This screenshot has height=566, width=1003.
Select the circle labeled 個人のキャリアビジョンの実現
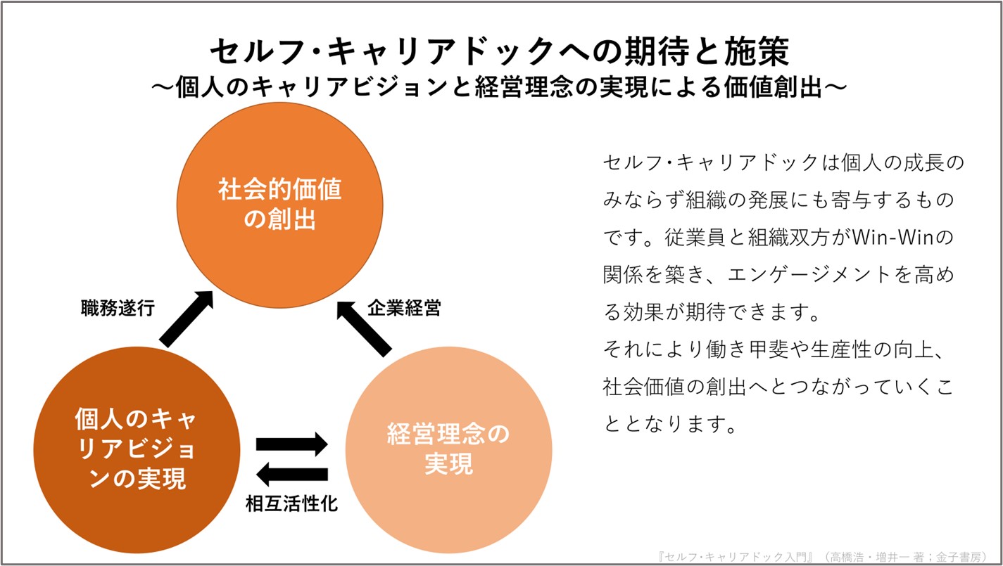click(136, 450)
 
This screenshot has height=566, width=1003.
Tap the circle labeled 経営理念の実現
click(448, 450)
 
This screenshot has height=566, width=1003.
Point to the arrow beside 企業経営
click(365, 327)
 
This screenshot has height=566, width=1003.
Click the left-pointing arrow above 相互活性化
click(291, 475)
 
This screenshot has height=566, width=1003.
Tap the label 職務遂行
click(118, 309)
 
